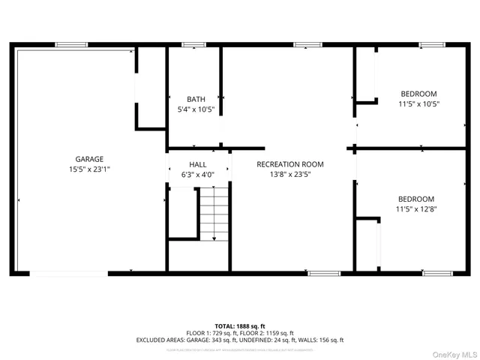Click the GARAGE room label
coord(89,159)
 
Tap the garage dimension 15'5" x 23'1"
coord(89,169)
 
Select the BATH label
coord(196,99)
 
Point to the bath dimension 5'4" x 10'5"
coord(196,109)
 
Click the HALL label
coord(198,164)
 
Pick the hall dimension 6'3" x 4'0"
coord(198,175)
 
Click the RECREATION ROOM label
coord(289,164)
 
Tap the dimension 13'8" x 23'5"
coord(289,175)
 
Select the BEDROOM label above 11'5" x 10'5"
coord(418,94)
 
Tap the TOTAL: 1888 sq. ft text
coord(240,325)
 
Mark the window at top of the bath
coord(193,45)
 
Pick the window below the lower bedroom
coord(437,273)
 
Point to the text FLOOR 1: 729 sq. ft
coord(213,333)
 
